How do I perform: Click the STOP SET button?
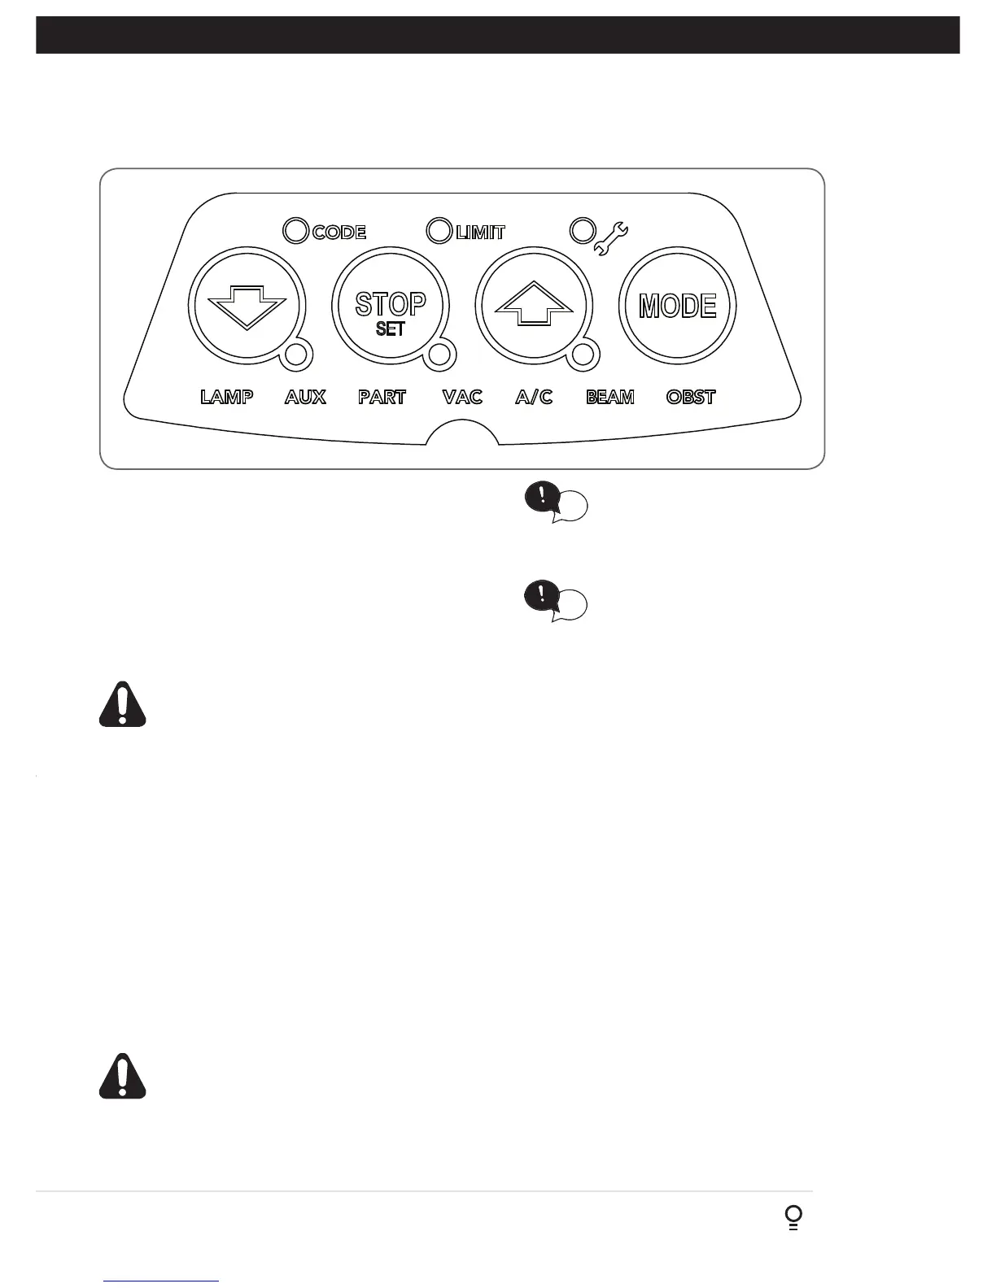[391, 307]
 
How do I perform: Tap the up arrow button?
[534, 307]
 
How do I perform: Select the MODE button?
[678, 307]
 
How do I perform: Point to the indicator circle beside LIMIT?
[439, 231]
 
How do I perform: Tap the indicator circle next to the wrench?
[582, 230]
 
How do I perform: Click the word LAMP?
[227, 397]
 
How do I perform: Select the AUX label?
[305, 397]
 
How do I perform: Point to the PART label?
[382, 397]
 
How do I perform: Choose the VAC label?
[462, 397]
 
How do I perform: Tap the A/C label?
[534, 397]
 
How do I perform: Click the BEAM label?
[610, 397]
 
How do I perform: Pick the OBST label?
[691, 397]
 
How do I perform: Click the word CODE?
[339, 233]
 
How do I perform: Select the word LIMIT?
[481, 233]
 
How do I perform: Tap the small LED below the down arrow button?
[297, 355]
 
